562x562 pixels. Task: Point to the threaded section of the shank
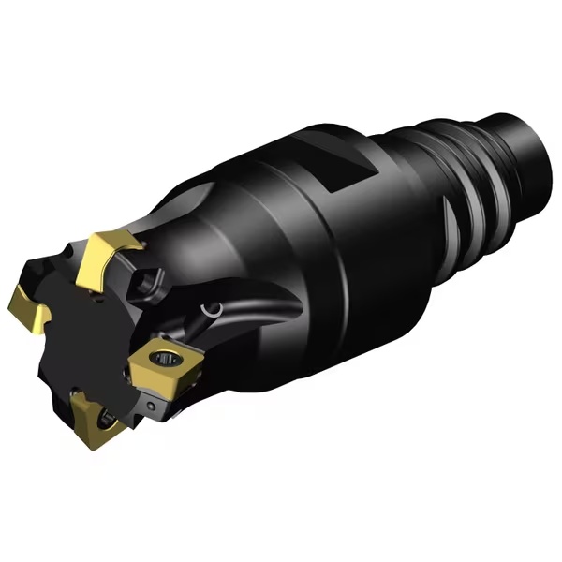[x=468, y=178]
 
